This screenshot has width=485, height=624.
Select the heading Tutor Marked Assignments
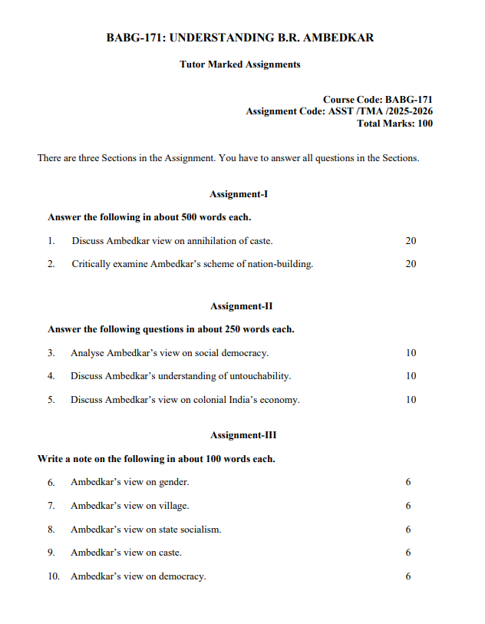240,64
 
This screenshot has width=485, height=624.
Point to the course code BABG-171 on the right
409,100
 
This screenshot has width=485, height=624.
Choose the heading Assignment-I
239,194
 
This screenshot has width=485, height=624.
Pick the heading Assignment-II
241,306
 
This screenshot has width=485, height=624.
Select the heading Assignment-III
243,435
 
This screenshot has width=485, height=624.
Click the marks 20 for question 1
411,241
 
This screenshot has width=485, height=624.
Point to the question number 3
51,353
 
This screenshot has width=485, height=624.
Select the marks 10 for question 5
411,400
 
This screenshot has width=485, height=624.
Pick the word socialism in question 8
200,530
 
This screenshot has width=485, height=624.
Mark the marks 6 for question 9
408,553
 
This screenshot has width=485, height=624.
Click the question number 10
54,576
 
